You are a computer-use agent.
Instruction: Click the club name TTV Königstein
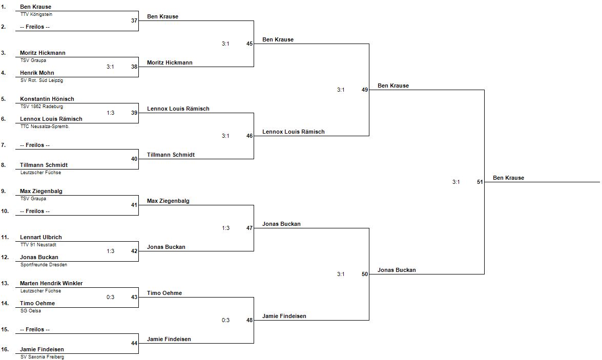pos(36,14)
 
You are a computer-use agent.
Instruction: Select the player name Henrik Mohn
pos(37,73)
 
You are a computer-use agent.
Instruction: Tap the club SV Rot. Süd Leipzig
pos(41,80)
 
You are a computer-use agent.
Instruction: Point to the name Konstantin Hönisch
pos(47,99)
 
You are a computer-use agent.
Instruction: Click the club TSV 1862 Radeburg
pos(41,107)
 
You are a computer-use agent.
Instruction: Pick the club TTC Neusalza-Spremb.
pos(45,126)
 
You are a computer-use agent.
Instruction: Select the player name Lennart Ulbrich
pos(40,237)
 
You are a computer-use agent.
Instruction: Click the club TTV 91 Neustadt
pos(38,244)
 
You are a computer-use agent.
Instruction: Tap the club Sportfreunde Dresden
pos(44,264)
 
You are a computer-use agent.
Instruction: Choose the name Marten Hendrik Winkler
pos(51,283)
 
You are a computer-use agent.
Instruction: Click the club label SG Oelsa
pos(30,310)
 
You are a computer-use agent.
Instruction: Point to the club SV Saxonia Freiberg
pos(42,356)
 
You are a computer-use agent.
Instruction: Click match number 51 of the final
pos(480,182)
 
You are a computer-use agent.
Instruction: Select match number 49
pos(365,90)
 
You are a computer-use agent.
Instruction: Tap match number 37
pos(134,20)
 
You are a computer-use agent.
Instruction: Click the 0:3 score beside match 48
pos(225,320)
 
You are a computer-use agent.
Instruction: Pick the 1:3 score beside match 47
pos(225,228)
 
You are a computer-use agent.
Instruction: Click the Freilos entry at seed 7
pos(34,145)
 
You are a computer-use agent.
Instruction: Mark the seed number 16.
pos(5,349)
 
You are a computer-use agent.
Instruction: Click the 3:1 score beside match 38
pos(110,67)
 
